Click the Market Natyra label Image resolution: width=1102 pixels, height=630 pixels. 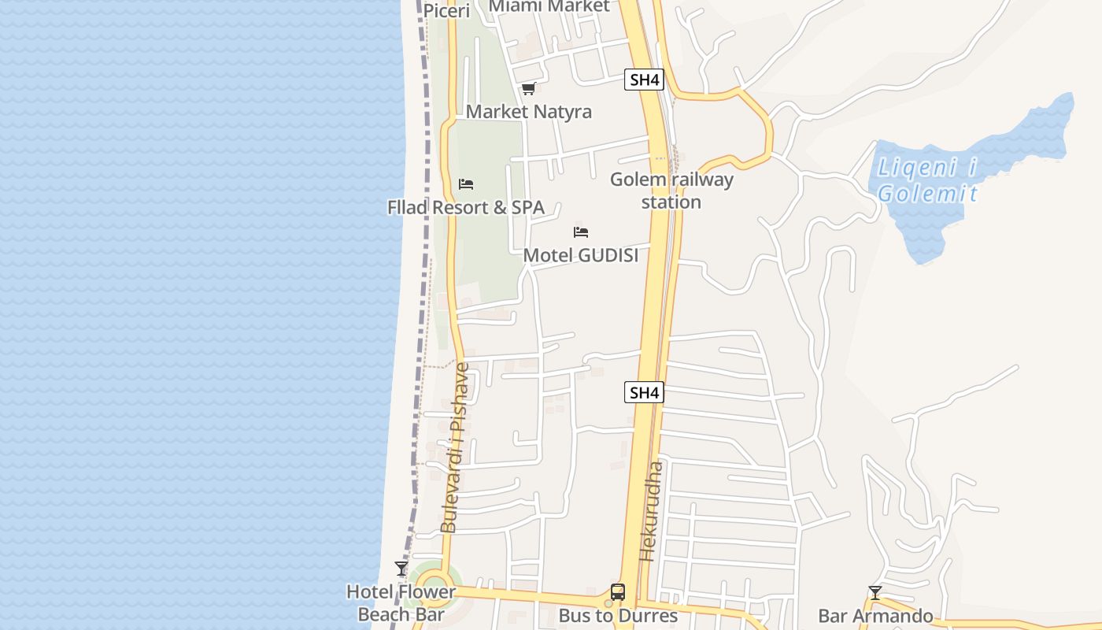coord(528,112)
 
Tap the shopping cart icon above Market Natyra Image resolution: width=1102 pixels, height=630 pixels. coord(528,89)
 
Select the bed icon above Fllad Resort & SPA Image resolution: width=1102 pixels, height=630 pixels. coord(466,184)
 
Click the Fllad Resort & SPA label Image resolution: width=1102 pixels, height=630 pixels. coord(466,208)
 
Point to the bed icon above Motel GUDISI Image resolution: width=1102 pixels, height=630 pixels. coord(581,232)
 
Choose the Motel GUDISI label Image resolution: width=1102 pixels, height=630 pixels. coord(581,255)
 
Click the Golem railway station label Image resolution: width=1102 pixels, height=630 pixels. coord(671,191)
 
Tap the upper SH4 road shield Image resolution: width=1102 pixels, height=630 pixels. coord(644,80)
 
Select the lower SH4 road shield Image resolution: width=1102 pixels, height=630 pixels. coord(644,392)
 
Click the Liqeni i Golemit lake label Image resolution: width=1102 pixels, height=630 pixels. coord(927,180)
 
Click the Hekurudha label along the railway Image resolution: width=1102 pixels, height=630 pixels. coord(652,510)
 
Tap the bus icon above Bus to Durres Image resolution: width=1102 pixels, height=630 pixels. coord(618,592)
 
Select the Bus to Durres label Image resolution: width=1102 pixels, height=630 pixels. coord(618,615)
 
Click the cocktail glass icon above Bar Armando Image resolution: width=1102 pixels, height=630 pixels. coord(875,593)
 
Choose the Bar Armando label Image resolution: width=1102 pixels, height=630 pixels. coord(875,616)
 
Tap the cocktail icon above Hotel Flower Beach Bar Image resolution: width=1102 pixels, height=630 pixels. coord(401,569)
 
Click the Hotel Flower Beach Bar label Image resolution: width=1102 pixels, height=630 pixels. coord(401,603)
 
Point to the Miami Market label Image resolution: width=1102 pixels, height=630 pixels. coord(549,6)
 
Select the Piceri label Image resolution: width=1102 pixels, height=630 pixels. coord(446,11)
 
